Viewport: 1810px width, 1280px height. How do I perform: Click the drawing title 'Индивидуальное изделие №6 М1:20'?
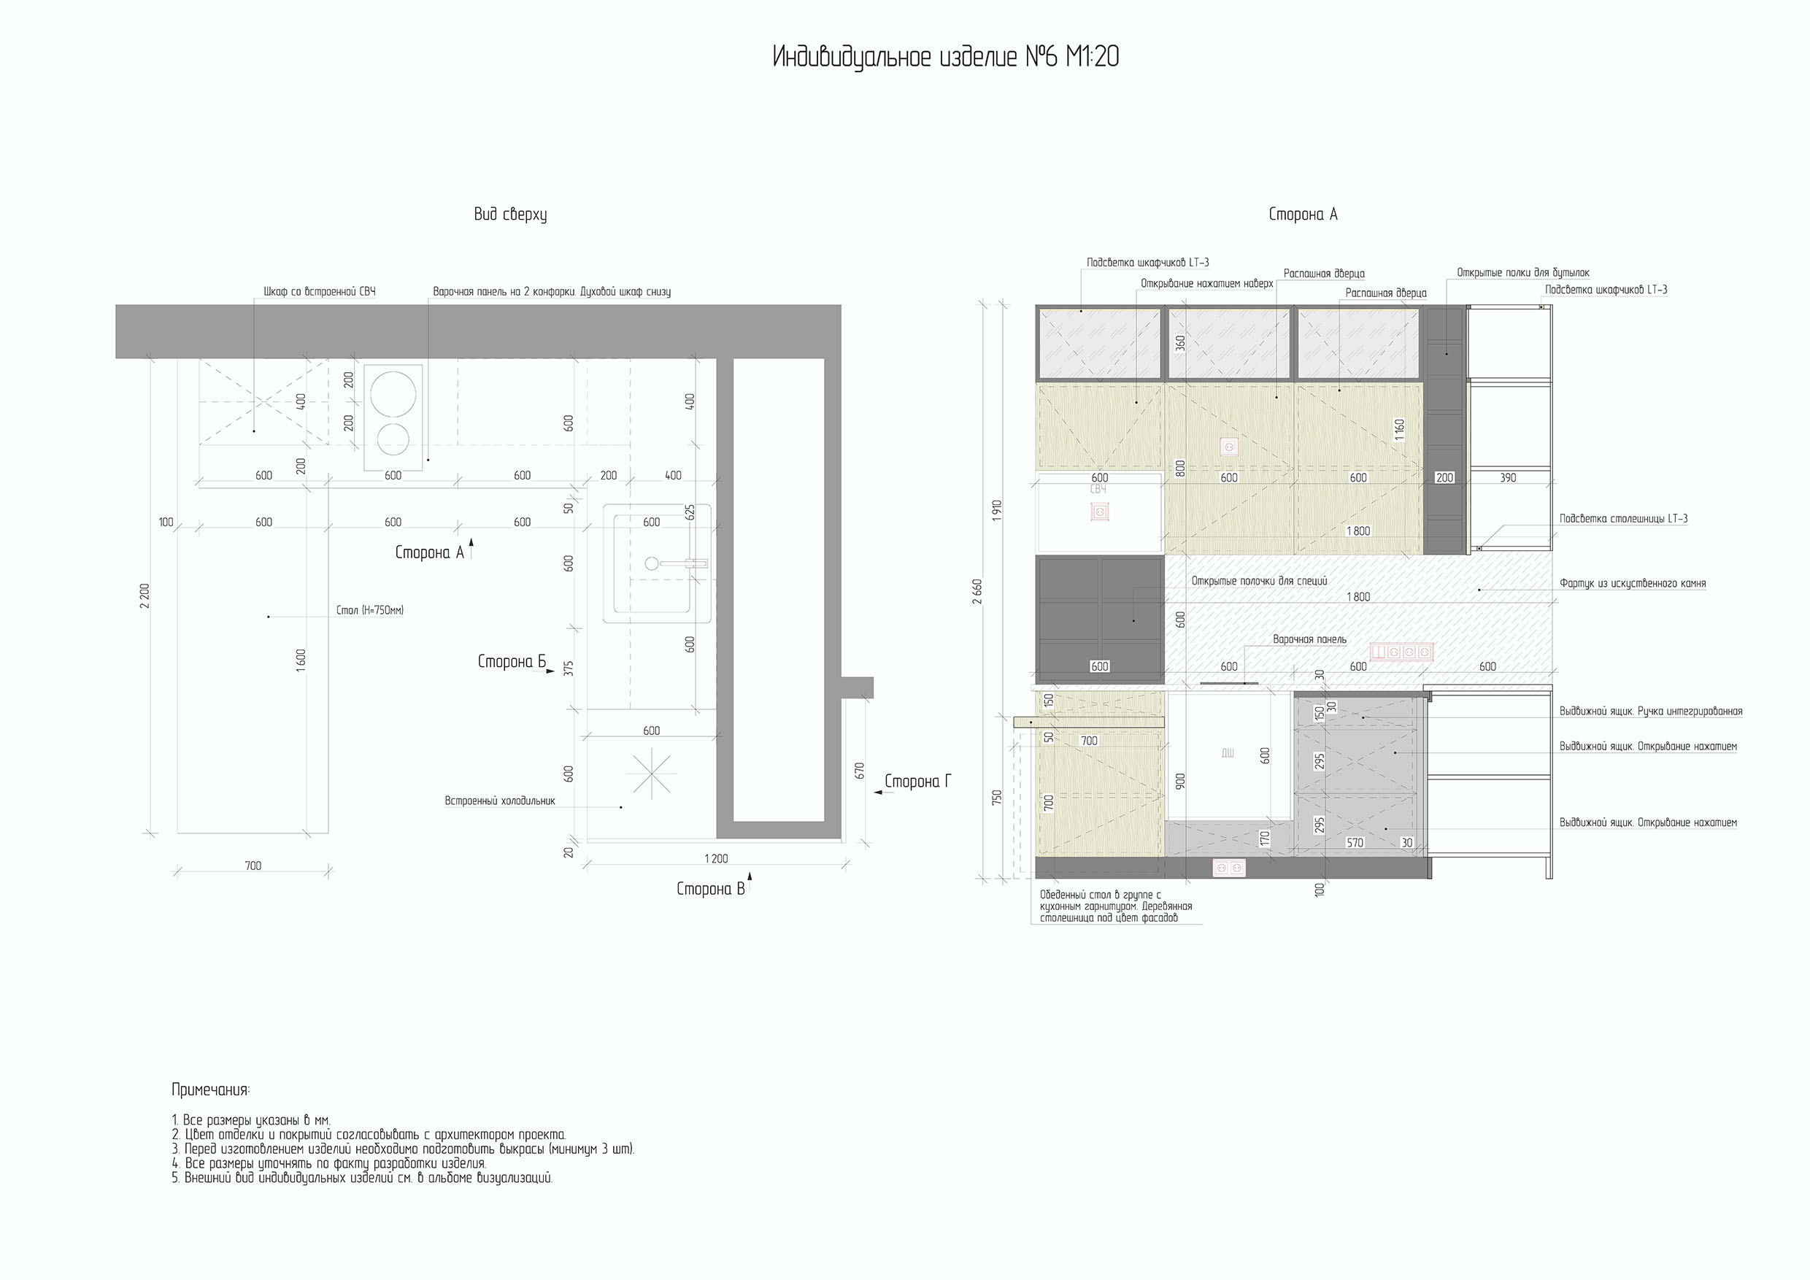[x=945, y=58]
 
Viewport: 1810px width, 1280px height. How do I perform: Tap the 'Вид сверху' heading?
[x=510, y=215]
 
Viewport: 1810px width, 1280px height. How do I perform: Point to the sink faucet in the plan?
[x=677, y=563]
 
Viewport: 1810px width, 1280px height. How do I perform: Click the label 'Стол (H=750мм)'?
[x=370, y=610]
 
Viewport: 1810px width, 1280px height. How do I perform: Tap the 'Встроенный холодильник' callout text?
[x=500, y=801]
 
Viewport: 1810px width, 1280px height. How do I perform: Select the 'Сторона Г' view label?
[x=917, y=781]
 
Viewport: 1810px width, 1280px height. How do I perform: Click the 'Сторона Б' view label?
[x=512, y=661]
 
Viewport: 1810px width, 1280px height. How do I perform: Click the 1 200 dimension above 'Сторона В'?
[x=716, y=858]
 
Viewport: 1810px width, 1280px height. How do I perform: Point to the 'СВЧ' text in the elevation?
[x=1098, y=490]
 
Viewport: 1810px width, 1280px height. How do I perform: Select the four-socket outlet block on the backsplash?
[x=1401, y=652]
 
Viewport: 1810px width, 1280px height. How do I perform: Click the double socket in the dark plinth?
[x=1229, y=868]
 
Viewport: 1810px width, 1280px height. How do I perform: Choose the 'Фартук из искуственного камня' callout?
[x=1633, y=584]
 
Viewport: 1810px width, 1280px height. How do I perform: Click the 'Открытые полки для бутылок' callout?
[x=1523, y=273]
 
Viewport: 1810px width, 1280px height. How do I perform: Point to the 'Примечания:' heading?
[x=210, y=1090]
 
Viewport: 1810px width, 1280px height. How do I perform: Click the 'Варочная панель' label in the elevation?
[x=1309, y=639]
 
